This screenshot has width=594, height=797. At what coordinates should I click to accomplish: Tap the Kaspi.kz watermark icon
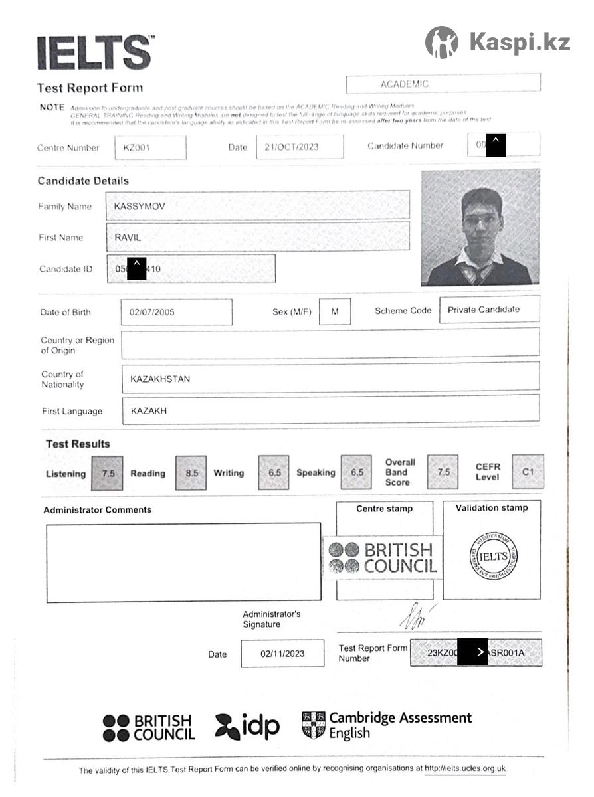click(x=441, y=43)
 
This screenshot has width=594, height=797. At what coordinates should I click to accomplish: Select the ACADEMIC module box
click(x=443, y=84)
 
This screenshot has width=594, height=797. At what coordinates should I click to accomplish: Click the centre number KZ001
click(x=136, y=148)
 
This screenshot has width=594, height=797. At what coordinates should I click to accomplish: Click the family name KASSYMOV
click(x=140, y=206)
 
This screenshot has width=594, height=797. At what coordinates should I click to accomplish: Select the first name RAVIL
click(x=128, y=238)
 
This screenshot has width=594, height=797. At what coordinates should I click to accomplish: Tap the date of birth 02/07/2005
click(x=152, y=312)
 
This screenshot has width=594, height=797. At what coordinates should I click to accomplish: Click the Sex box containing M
click(x=335, y=311)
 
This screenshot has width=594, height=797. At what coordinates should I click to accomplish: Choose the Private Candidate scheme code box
click(x=484, y=310)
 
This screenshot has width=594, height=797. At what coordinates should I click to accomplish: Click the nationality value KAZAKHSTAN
click(x=160, y=379)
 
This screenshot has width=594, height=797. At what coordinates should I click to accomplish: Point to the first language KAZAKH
click(x=149, y=411)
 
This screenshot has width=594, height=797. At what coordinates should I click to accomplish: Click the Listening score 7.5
click(x=108, y=474)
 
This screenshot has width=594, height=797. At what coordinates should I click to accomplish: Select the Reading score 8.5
click(x=191, y=474)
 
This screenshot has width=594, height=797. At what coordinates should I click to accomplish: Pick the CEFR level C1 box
click(x=528, y=472)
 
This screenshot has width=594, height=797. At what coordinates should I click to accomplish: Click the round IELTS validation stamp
click(x=493, y=556)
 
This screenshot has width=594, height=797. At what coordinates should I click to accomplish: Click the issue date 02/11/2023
click(x=282, y=654)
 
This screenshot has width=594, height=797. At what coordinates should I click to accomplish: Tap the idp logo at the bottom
click(x=248, y=727)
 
